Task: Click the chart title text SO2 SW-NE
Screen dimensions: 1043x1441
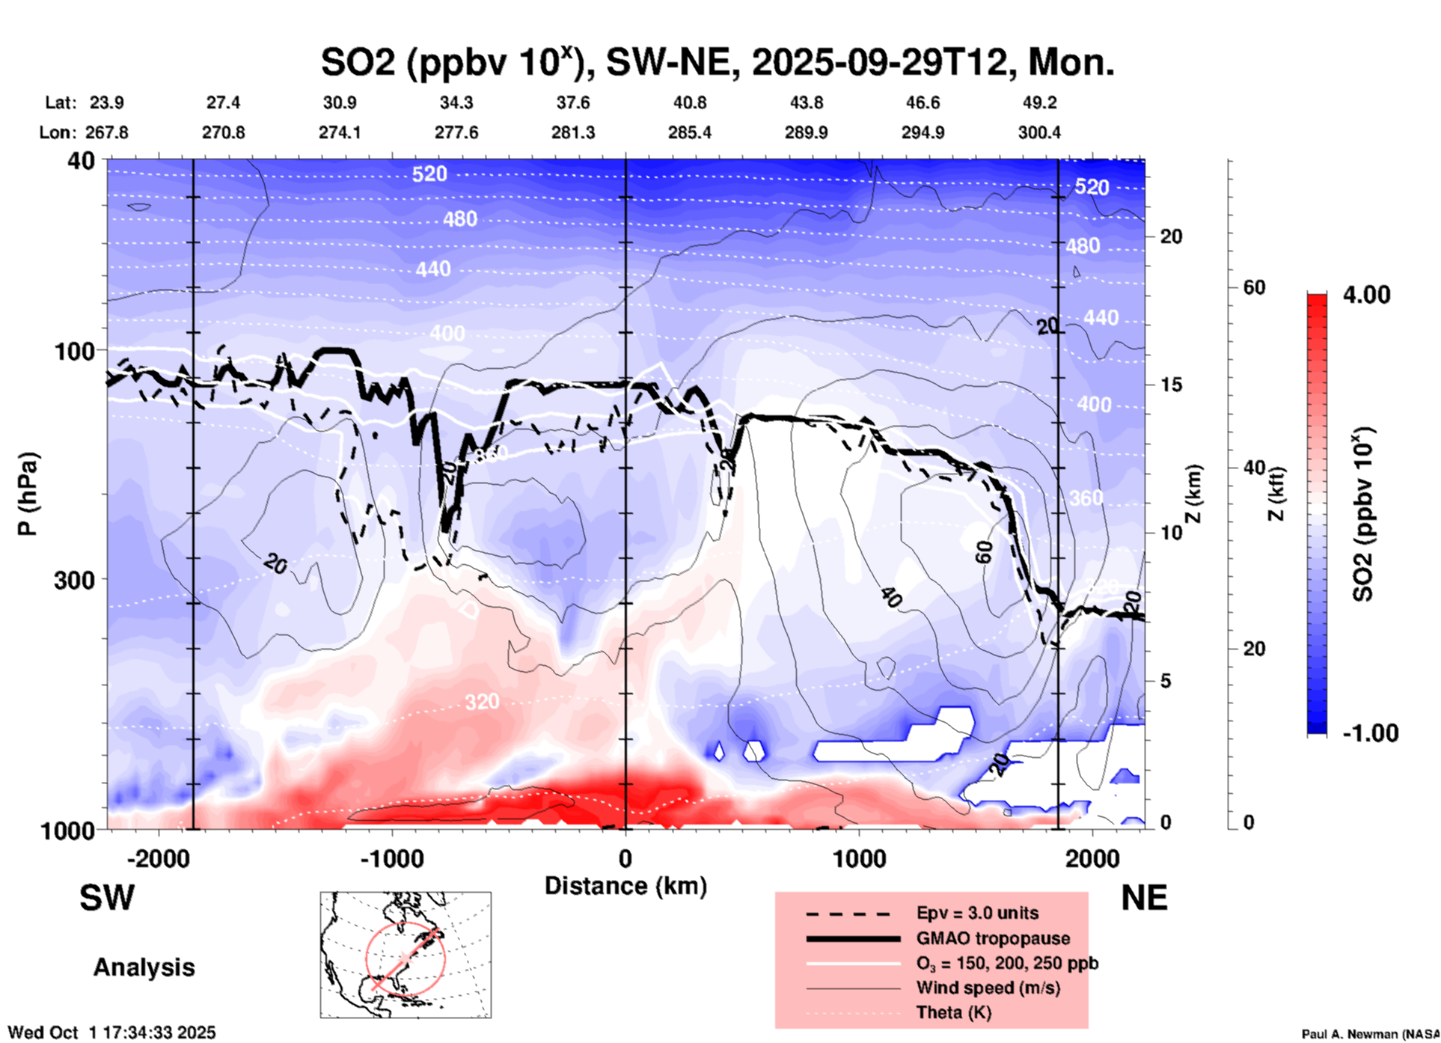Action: pyautogui.click(x=717, y=63)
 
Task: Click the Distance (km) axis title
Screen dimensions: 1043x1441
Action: pyautogui.click(x=625, y=886)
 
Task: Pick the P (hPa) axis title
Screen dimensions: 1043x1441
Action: pyautogui.click(x=28, y=494)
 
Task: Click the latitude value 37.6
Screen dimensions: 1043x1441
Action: pyautogui.click(x=573, y=103)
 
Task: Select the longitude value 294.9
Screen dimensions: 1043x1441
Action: pyautogui.click(x=923, y=132)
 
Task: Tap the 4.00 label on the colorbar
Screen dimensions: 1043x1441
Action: pyautogui.click(x=1366, y=295)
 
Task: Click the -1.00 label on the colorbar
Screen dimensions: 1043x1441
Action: pyautogui.click(x=1370, y=732)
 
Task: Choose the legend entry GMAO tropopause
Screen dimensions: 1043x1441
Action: pyautogui.click(x=993, y=938)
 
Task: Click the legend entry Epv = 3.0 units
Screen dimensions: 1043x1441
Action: pyautogui.click(x=977, y=913)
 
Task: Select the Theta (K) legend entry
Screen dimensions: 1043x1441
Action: pyautogui.click(x=953, y=1012)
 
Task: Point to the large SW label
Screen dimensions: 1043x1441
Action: pyautogui.click(x=107, y=898)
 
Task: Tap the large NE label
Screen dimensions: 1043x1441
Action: pyautogui.click(x=1144, y=898)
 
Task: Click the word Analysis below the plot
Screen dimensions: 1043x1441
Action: pyautogui.click(x=144, y=967)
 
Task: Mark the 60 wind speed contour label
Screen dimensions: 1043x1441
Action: pyautogui.click(x=985, y=552)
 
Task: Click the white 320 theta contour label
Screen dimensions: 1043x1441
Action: pyautogui.click(x=482, y=702)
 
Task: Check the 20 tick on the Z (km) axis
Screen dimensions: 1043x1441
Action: pyautogui.click(x=1171, y=236)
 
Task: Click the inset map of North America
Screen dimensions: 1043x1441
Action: pyautogui.click(x=406, y=955)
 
